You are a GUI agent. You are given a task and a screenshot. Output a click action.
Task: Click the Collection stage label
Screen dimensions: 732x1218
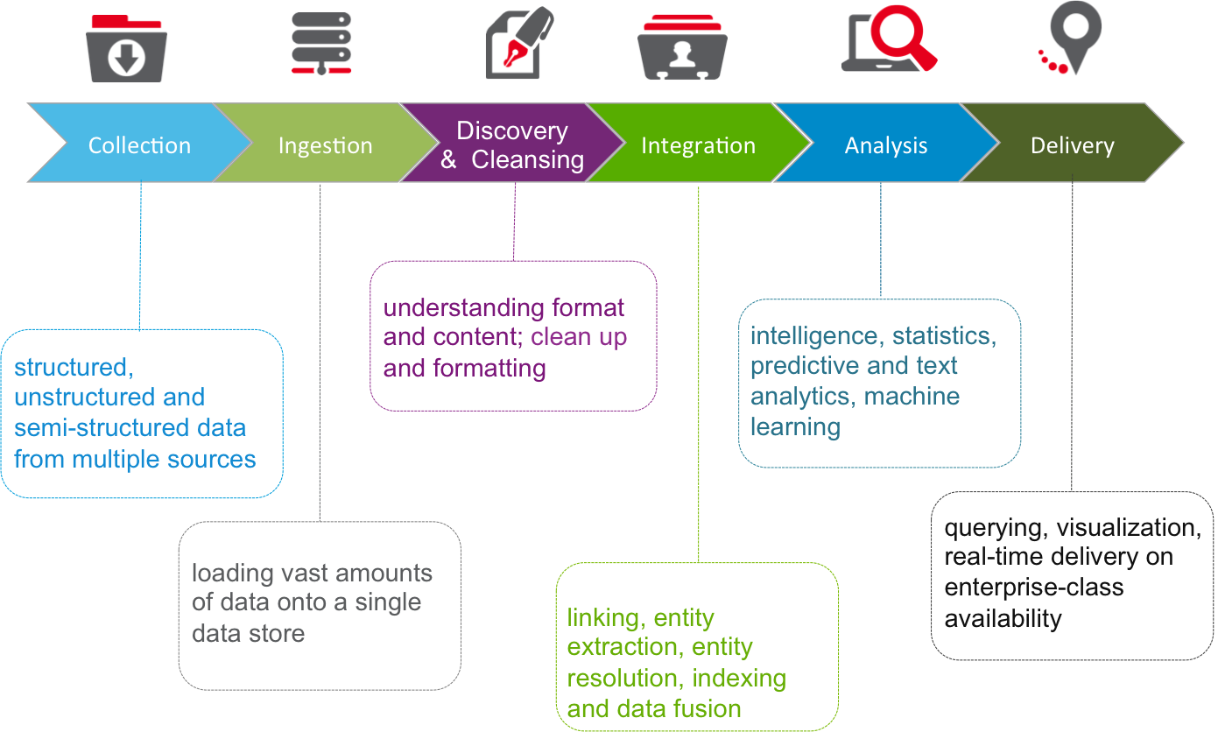click(139, 145)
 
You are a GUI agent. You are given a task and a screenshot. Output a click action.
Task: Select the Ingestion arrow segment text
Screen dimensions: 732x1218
click(325, 145)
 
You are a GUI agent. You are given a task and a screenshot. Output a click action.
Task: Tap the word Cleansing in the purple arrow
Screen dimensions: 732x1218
click(527, 160)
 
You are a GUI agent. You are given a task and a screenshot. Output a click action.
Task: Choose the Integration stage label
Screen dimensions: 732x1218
click(698, 145)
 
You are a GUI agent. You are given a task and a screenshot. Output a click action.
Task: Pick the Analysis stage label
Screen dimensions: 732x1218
click(885, 145)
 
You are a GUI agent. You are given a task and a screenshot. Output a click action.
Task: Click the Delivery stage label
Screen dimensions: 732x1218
click(1072, 145)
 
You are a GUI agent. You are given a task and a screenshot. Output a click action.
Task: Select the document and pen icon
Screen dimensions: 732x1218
click(518, 44)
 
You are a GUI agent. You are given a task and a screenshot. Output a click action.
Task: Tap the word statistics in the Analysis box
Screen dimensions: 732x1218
click(943, 335)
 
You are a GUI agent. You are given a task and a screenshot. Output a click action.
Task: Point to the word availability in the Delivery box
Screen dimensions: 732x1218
click(1003, 619)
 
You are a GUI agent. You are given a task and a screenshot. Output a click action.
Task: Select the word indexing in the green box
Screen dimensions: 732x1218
click(738, 678)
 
